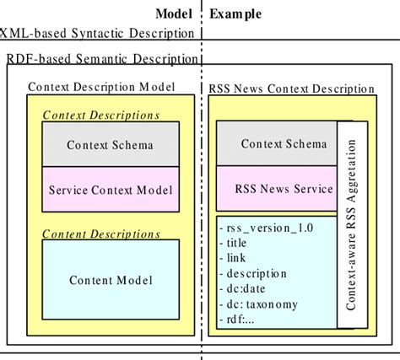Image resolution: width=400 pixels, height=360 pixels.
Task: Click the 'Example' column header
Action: (x=235, y=13)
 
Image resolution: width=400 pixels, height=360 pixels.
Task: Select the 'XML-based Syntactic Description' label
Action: (x=96, y=34)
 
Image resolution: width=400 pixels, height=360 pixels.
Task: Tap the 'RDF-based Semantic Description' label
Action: (x=99, y=60)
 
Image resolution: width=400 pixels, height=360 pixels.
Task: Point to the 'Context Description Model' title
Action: (x=101, y=87)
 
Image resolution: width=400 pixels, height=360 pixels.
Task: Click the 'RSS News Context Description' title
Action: (x=291, y=89)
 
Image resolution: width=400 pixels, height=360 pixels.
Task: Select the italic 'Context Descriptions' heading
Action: (x=100, y=115)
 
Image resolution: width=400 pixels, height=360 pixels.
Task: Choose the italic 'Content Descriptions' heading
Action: (x=100, y=234)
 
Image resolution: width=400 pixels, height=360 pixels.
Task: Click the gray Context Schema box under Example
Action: (x=277, y=144)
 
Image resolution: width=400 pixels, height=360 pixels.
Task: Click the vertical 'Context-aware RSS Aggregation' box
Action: (x=352, y=223)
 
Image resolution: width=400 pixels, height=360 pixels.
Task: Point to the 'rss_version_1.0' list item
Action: (x=262, y=228)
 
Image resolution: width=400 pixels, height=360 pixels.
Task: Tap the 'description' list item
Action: (x=252, y=273)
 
